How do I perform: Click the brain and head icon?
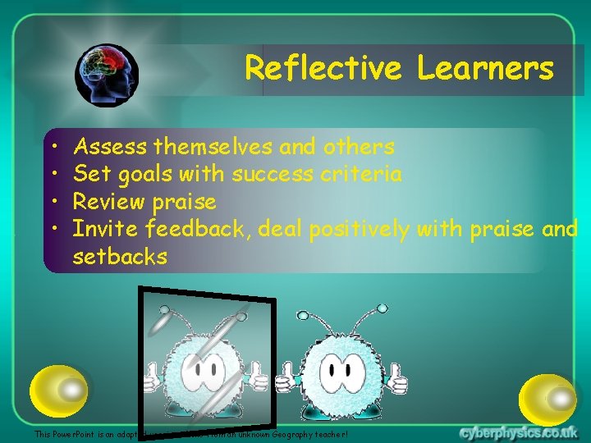click(x=107, y=75)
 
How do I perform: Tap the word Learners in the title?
click(x=485, y=68)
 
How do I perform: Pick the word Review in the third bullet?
click(x=109, y=202)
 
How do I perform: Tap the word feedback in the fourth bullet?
click(x=199, y=229)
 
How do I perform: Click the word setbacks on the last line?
click(x=120, y=257)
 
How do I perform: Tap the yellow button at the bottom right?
click(x=548, y=398)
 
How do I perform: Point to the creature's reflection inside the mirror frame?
click(x=201, y=365)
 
